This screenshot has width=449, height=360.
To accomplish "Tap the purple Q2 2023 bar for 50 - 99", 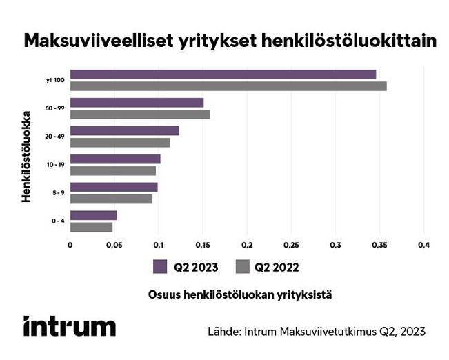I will click(x=137, y=103).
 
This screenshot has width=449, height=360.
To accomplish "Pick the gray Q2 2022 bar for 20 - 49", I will click(x=120, y=143).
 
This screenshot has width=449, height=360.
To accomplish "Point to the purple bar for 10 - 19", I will click(x=115, y=159).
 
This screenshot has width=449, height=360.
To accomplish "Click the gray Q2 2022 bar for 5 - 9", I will click(x=111, y=199).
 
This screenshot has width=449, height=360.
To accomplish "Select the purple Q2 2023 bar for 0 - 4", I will click(x=93, y=215).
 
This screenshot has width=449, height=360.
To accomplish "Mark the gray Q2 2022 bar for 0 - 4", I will click(x=91, y=227).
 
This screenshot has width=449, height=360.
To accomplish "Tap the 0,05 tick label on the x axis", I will click(x=114, y=245).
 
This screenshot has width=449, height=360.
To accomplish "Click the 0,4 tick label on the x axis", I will click(x=423, y=245).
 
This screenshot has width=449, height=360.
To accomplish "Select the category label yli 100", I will click(x=56, y=81).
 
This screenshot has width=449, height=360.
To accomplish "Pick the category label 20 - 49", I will click(x=54, y=137).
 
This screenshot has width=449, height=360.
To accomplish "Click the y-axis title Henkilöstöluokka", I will click(x=26, y=155).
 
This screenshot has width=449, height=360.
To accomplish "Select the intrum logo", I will click(x=69, y=326).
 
